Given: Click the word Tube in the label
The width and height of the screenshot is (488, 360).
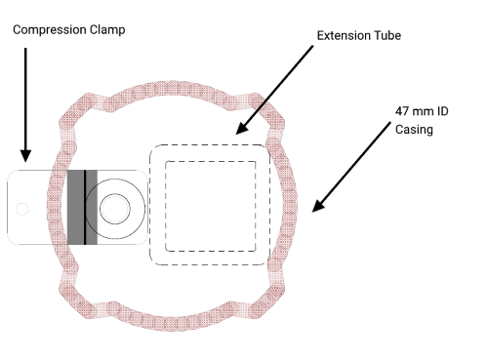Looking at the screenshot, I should coord(386,35).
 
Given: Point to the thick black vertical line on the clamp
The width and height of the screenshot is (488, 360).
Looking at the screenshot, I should coord(84,206).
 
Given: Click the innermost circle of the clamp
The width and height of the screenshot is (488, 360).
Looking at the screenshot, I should coord(114,207).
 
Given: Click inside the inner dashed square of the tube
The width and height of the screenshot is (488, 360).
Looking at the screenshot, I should coord(212,205).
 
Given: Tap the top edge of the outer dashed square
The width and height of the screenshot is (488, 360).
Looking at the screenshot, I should coord(208,145).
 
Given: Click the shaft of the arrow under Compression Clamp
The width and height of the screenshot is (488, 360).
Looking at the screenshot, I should coord(26,98).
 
